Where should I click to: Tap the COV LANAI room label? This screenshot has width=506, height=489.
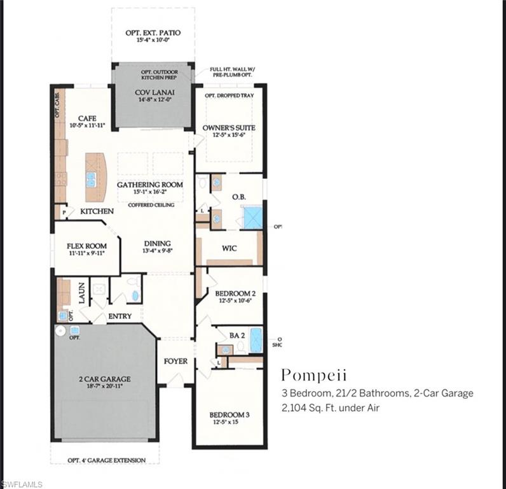(151, 92)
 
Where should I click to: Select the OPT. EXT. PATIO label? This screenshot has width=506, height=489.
(153, 32)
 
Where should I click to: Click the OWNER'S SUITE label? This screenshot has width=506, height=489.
(229, 128)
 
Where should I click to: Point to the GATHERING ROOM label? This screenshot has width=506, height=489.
(150, 185)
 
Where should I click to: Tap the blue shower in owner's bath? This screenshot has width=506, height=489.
(252, 218)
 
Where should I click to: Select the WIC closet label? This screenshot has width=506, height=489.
(229, 248)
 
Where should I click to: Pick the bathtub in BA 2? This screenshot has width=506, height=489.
(256, 340)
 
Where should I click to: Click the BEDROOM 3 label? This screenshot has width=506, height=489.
(229, 415)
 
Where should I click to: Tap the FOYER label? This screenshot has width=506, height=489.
(175, 361)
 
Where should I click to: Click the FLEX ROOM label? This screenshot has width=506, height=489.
(86, 246)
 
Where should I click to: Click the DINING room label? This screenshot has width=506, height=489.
(157, 243)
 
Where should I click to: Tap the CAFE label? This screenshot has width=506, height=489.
(87, 118)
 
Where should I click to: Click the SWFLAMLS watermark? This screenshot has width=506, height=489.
(22, 484)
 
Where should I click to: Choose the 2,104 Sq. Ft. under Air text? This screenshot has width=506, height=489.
(330, 408)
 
